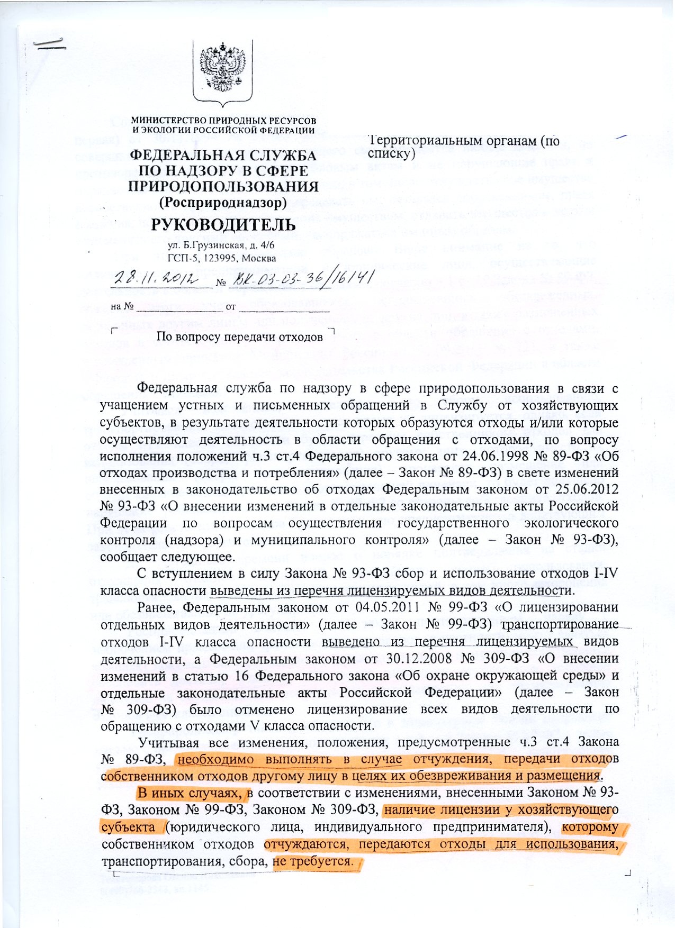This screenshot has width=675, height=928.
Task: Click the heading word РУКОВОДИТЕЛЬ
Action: [223, 224]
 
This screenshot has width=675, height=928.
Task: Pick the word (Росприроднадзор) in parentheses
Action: [223, 202]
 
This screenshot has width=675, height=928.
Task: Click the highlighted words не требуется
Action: [313, 861]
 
